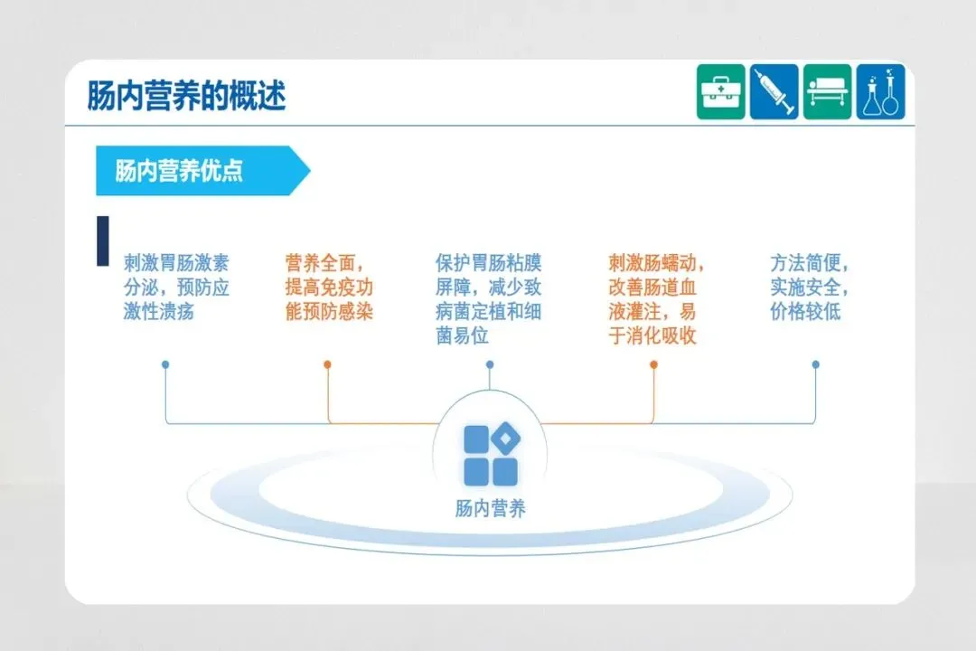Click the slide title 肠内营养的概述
186,95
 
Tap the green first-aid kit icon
720,91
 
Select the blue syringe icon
774,91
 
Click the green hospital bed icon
827,91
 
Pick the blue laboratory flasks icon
880,91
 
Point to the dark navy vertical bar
102,241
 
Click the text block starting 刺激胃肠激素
176,288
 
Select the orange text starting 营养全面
329,288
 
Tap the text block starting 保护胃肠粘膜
488,299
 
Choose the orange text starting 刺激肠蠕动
654,299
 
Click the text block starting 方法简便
809,288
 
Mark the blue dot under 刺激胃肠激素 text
165,364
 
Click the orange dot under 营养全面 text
327,364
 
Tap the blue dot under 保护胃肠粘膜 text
490,364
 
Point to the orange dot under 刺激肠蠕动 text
653,364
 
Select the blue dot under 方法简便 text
815,364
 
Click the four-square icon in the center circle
491,455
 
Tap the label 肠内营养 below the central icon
490,509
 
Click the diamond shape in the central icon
505,439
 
